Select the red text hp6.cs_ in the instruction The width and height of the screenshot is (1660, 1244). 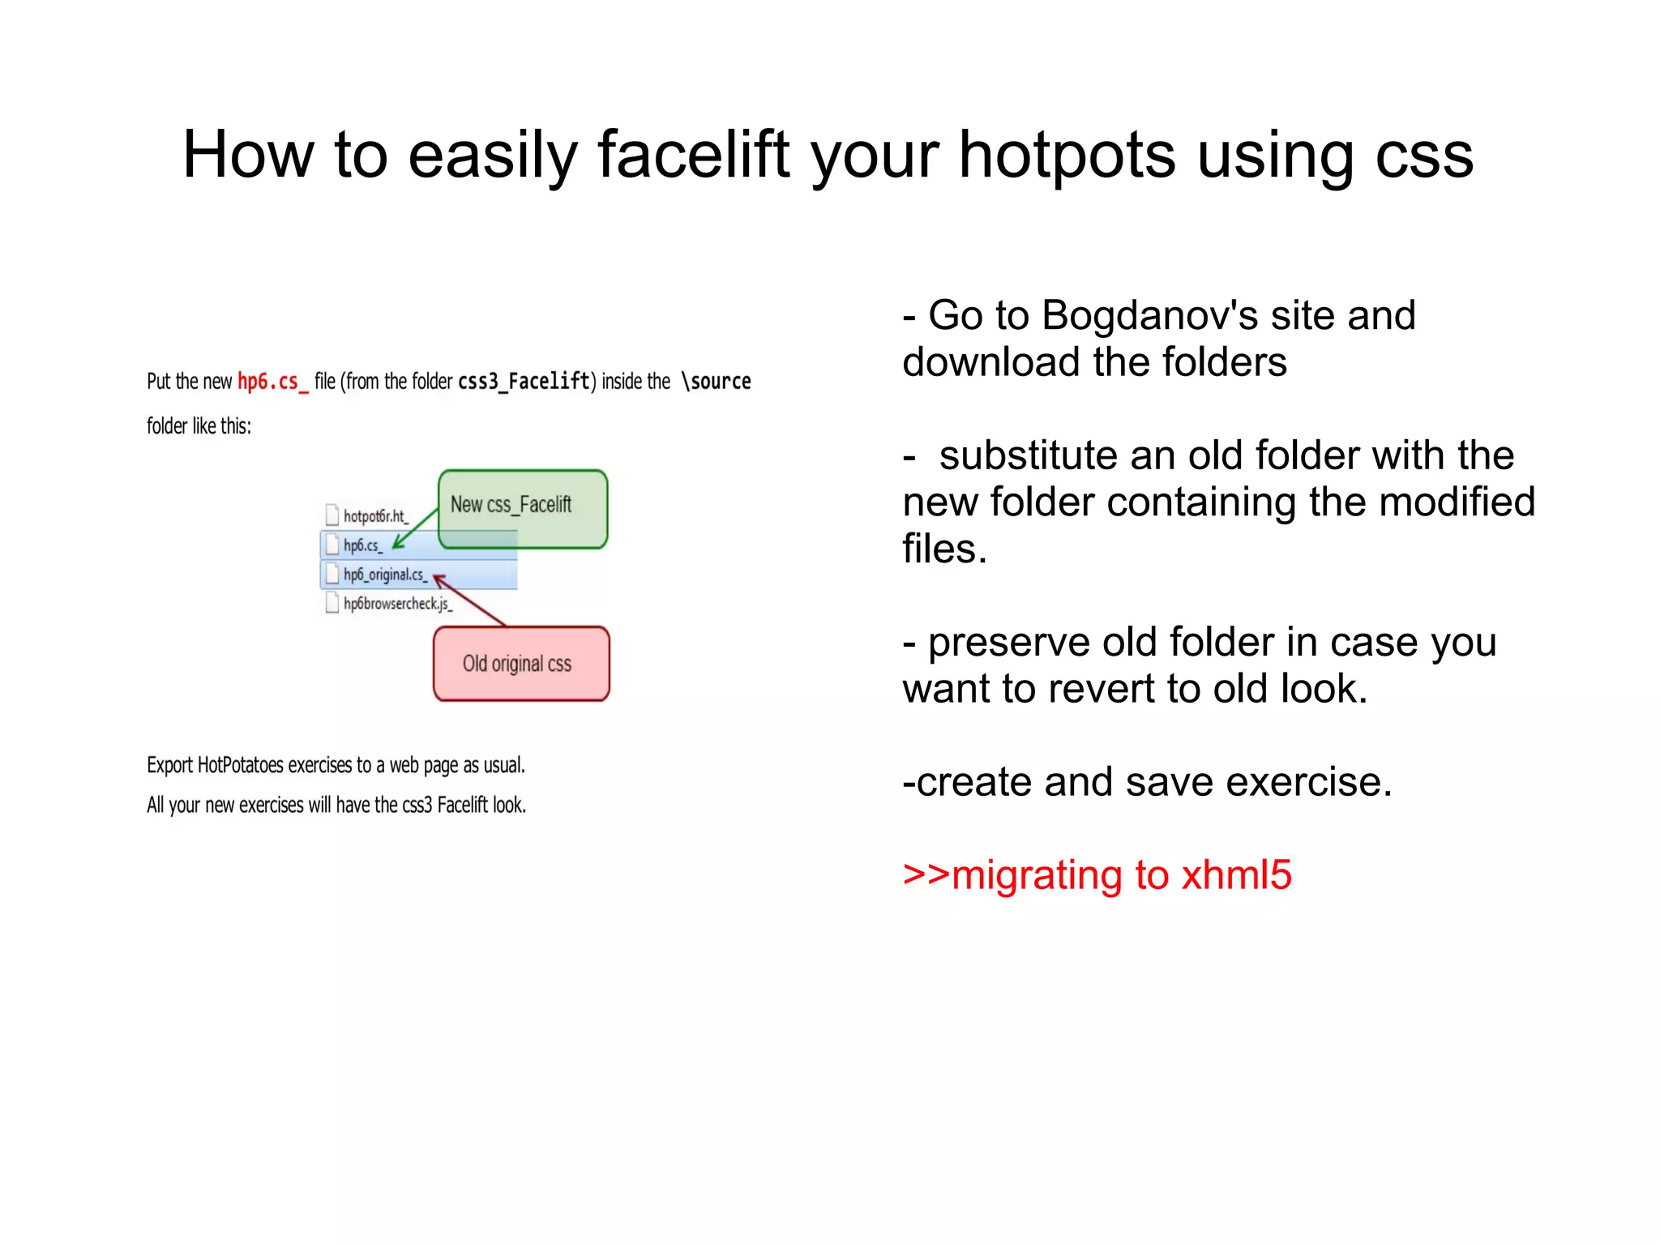click(272, 381)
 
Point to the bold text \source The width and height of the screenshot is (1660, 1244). click(716, 381)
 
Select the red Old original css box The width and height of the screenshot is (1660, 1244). click(520, 664)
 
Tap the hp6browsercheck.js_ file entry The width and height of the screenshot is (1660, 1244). click(397, 604)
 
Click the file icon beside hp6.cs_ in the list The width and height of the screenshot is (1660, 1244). click(332, 545)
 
